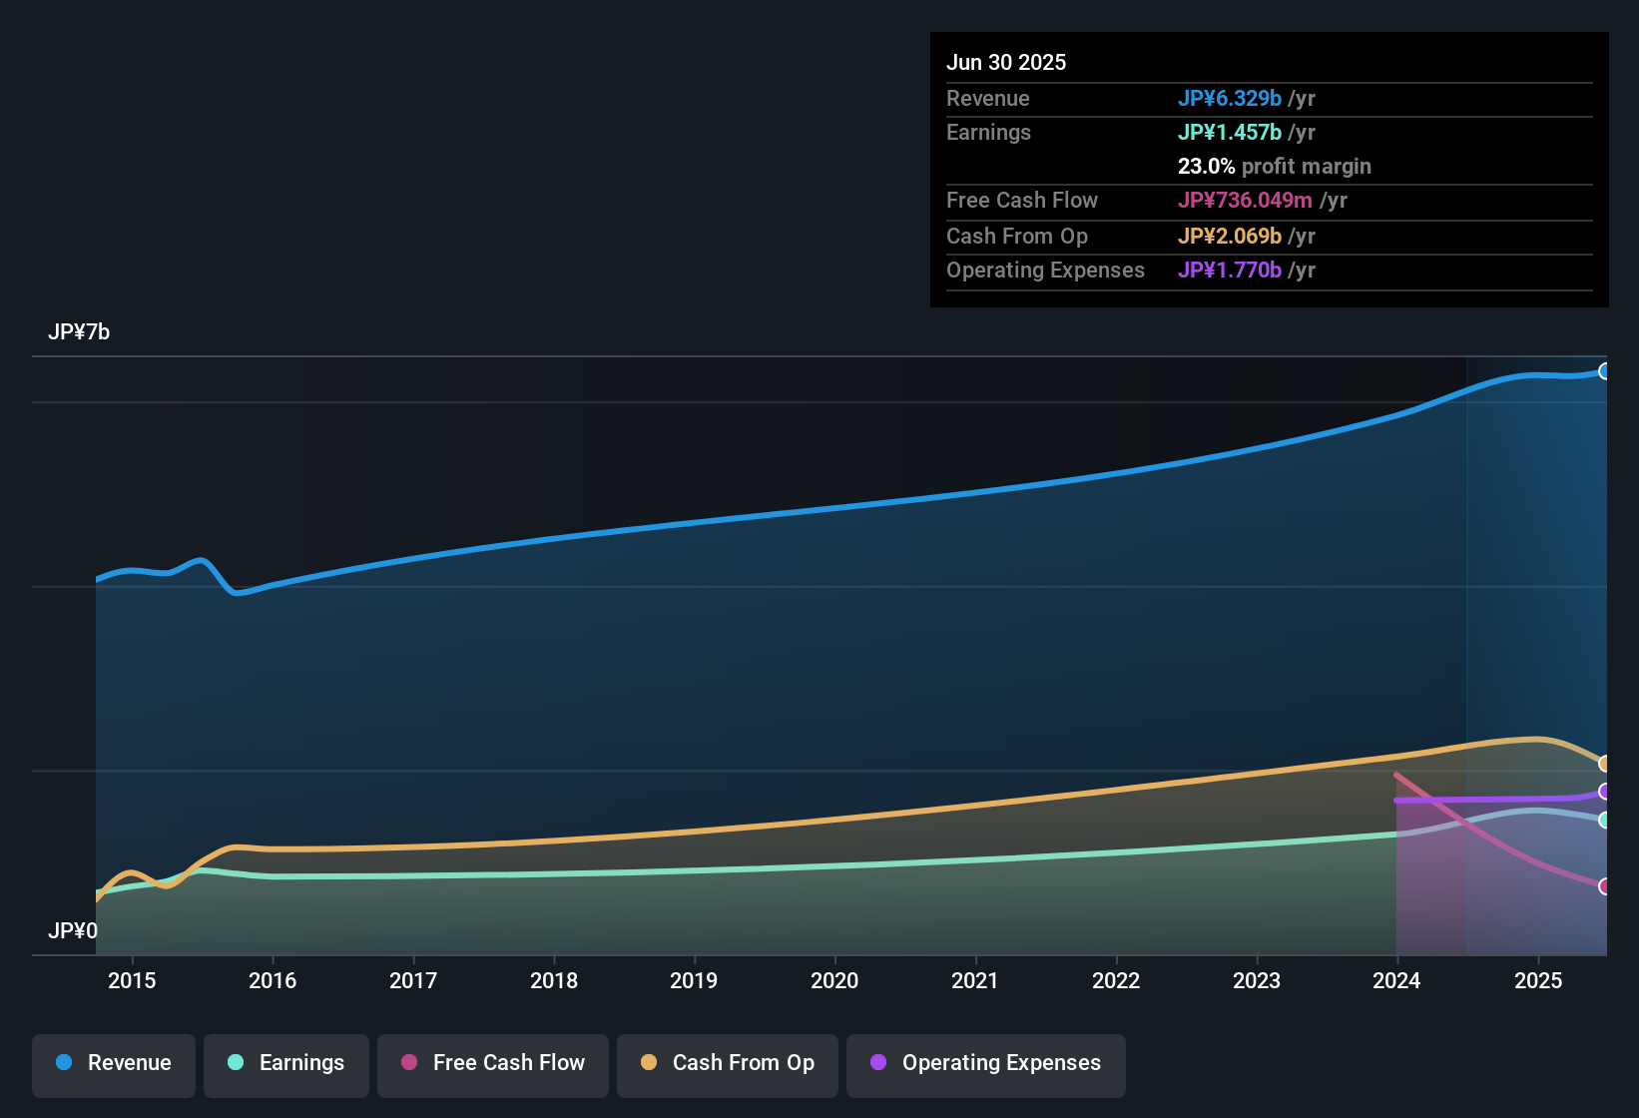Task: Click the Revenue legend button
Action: [114, 1063]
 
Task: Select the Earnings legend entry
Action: [286, 1063]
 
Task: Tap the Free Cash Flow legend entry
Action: [493, 1063]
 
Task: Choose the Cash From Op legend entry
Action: [728, 1063]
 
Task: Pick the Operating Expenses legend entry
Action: [986, 1063]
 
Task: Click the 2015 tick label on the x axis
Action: [132, 980]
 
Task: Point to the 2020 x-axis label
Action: [834, 980]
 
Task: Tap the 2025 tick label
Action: [1538, 980]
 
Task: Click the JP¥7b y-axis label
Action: [79, 332]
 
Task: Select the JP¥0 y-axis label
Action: [73, 931]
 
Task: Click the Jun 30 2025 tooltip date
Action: [1006, 62]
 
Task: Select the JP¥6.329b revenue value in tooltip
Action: [1229, 98]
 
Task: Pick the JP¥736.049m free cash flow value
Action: [1245, 200]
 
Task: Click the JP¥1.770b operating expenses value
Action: [1229, 270]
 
